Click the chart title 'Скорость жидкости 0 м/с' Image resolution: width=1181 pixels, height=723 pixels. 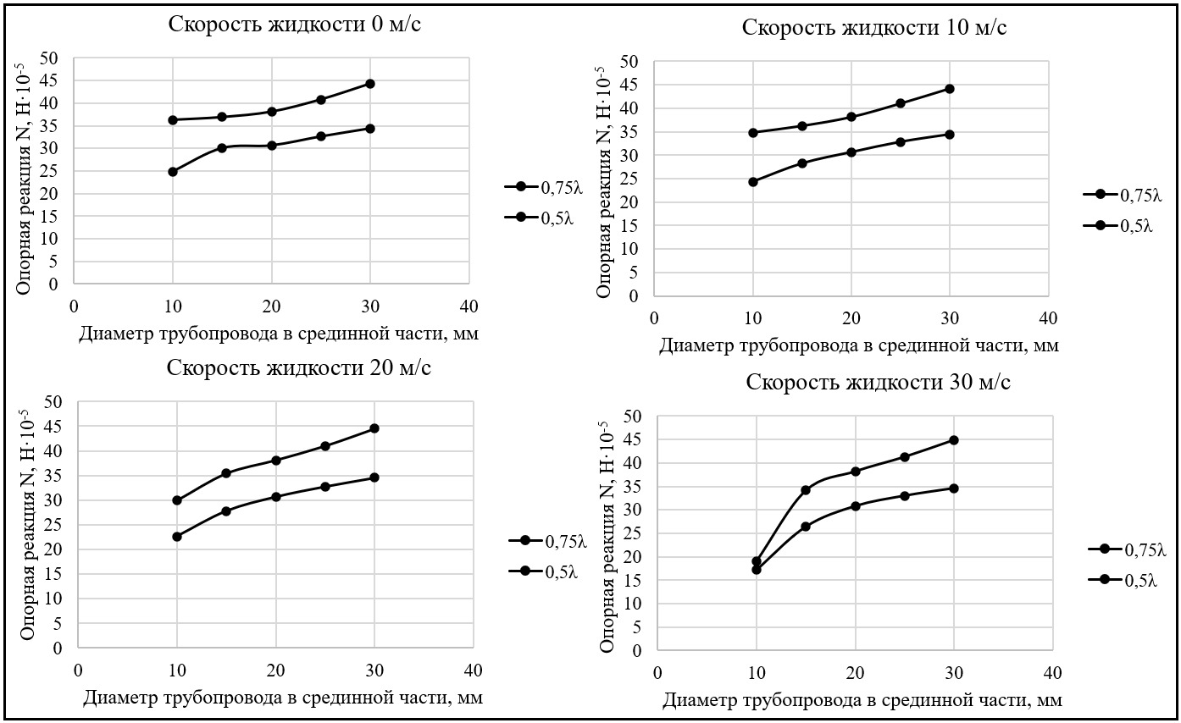tap(295, 24)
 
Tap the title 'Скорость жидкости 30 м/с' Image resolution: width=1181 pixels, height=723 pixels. tap(879, 382)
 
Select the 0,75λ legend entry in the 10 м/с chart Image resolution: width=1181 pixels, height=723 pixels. tap(1122, 195)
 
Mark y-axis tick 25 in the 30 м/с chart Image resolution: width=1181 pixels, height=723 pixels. tap(633, 533)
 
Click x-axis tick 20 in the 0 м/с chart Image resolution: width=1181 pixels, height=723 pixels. tap(271, 306)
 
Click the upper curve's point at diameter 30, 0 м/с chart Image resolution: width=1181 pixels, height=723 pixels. tap(370, 84)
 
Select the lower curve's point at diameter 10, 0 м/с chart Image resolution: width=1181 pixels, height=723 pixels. tap(173, 172)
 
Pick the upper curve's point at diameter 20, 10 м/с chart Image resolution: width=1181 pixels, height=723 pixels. tap(851, 117)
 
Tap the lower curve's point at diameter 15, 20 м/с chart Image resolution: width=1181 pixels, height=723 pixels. tap(226, 511)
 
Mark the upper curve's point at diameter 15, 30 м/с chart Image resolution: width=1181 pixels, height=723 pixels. tap(806, 490)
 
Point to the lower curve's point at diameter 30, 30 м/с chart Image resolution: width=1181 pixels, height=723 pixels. tap(954, 488)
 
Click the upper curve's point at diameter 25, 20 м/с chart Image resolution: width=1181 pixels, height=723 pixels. tap(325, 446)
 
